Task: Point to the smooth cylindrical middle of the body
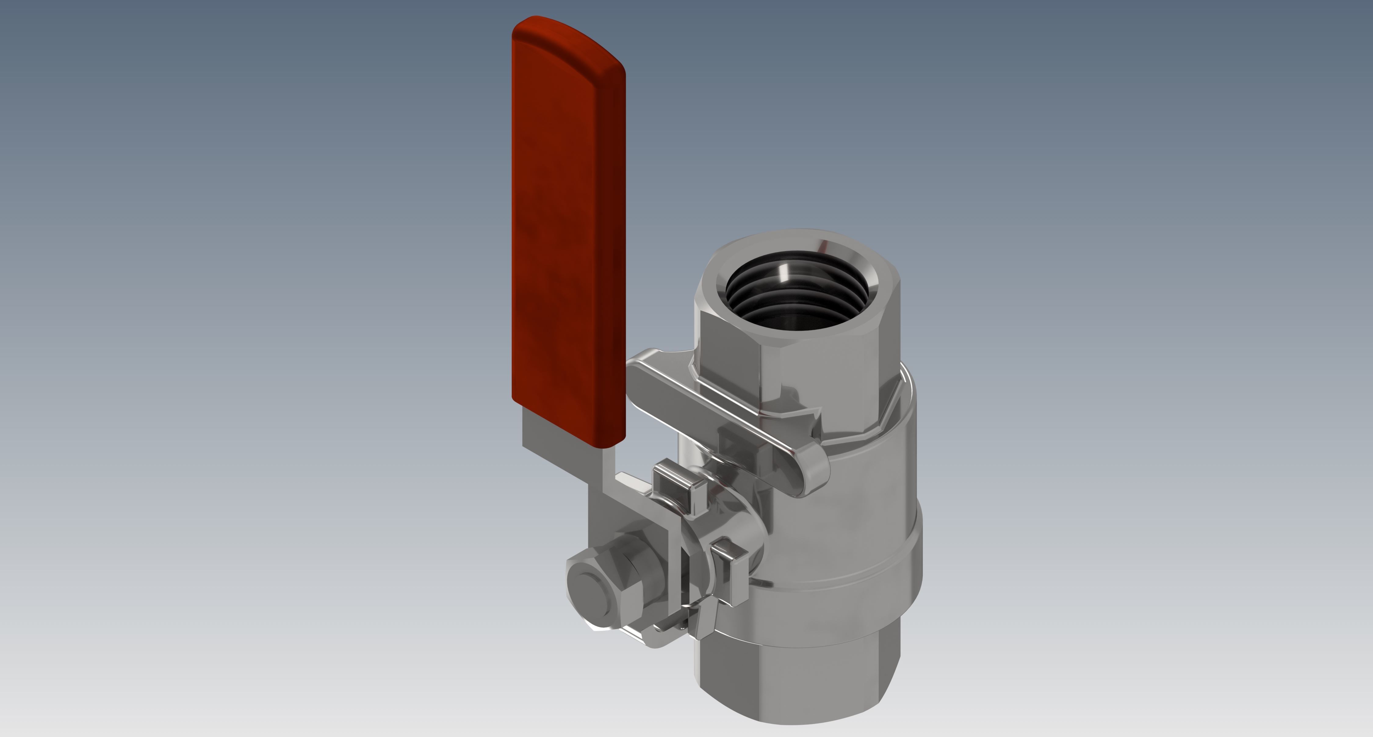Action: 853,506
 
